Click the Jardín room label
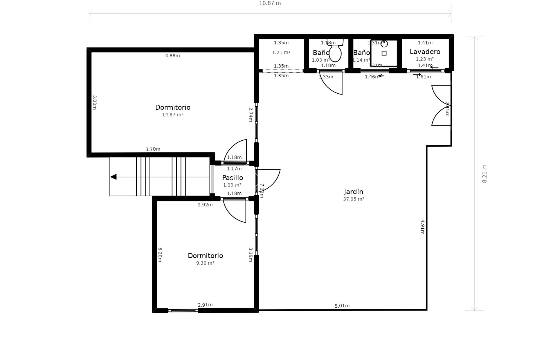coord(354,192)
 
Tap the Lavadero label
coord(425,52)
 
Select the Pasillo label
coord(233,178)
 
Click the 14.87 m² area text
coord(173,115)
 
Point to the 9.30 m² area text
coord(205,263)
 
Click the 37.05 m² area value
coord(354,199)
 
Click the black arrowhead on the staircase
coord(113,177)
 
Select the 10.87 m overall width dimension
coord(270,3)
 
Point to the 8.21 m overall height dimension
coord(484,174)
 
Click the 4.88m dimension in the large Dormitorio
coord(172,56)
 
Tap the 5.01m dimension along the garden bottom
coord(342,306)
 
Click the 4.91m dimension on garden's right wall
coord(422,227)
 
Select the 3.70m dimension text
coord(153,149)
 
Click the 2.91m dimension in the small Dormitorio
coord(205,305)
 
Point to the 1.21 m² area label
coord(281,52)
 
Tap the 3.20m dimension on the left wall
coord(160,255)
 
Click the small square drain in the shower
coord(384,53)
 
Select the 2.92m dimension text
coord(205,205)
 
